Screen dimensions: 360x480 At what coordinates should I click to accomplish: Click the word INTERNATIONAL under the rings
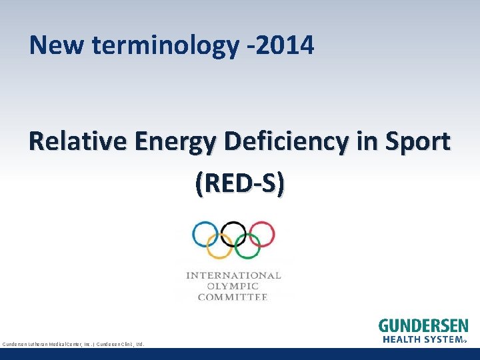[233, 275]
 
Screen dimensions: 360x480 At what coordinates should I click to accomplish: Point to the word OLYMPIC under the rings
[233, 286]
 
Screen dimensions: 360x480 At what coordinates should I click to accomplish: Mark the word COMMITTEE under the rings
[233, 297]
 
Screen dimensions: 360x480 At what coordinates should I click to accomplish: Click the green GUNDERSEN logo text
[423, 326]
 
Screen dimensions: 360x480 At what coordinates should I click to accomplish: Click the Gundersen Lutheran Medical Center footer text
[73, 344]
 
